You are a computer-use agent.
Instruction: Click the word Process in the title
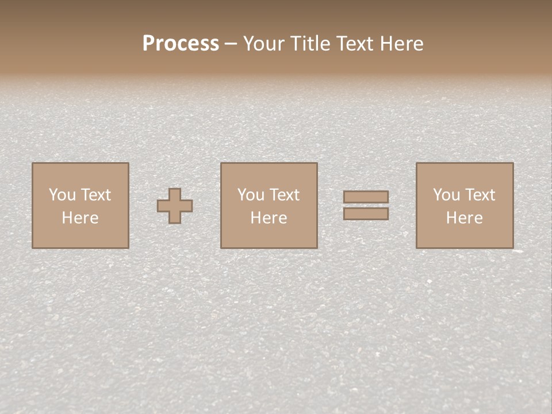pos(181,44)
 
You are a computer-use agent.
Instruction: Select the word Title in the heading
pos(312,44)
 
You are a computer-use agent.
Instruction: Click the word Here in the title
pos(402,44)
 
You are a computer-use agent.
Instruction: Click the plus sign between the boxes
pos(175,206)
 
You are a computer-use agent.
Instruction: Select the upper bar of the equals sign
pos(366,197)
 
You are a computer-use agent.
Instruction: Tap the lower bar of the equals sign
pos(366,213)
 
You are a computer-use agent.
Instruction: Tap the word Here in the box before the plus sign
pos(80,218)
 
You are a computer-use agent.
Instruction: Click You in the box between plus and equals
pos(251,195)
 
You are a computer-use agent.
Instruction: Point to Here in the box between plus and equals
pos(269,218)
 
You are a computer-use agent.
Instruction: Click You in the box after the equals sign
pos(446,195)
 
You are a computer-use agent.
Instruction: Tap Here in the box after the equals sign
pos(464,218)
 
